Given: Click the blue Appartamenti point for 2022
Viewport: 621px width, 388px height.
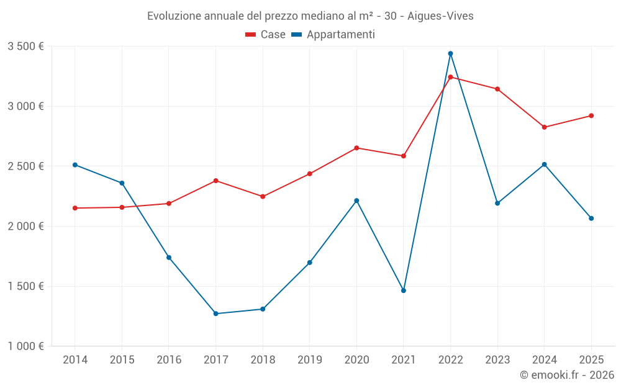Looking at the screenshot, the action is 450,53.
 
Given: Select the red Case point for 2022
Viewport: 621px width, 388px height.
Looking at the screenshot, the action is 450,77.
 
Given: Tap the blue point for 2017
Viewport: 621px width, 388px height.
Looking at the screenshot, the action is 216,314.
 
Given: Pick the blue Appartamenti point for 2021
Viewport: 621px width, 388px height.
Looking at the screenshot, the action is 404,291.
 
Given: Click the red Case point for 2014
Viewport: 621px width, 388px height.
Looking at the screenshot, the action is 75,208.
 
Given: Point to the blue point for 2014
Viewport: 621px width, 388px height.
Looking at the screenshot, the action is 75,165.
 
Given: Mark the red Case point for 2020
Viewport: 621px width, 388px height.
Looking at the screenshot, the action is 356,148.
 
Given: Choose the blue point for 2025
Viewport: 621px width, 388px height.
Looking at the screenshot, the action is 591,218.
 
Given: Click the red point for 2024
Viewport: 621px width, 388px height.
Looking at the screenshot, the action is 544,127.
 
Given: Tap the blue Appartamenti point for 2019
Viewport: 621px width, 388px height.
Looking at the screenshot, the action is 310,263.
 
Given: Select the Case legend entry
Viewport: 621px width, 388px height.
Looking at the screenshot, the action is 265,34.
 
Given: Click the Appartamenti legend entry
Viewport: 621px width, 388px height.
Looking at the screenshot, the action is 333,34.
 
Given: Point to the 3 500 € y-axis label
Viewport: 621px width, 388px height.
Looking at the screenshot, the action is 25,47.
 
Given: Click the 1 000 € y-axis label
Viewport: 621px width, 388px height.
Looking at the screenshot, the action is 25,346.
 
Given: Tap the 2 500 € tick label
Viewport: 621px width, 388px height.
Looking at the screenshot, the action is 25,166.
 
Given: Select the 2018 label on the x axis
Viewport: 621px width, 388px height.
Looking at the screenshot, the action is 263,359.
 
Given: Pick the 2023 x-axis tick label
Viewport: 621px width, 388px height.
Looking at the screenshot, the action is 497,359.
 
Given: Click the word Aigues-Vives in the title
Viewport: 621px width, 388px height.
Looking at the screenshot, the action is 440,16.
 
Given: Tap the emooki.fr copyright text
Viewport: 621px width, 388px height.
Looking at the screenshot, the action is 567,374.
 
